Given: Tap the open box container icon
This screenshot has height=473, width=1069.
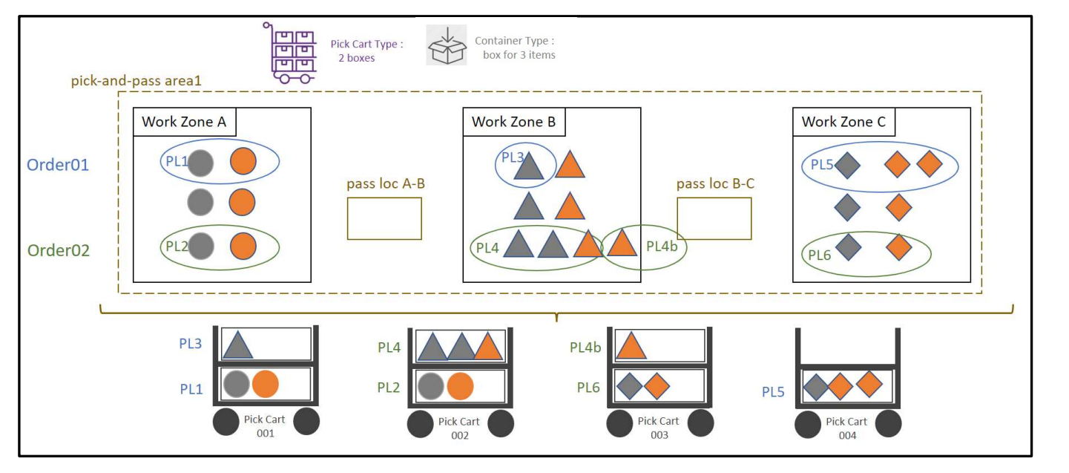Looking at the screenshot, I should pos(446,45).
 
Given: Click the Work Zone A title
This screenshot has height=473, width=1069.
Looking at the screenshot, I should pos(184,122).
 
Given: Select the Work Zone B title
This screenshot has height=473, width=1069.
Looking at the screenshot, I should pos(513,122).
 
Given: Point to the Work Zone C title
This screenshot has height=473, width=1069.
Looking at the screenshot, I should pos(843,122).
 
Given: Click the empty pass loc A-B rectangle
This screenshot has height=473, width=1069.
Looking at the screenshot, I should pos(384,218).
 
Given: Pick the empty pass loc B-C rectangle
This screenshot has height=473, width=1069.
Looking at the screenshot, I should pos(714,218).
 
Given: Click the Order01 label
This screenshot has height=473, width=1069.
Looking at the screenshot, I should pos(58,165).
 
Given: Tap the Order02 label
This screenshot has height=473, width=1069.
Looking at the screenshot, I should pos(58,250).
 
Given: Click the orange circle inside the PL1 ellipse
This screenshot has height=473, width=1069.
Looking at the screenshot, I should pos(243,161).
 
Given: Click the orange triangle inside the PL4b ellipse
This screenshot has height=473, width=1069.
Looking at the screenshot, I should pos(621,243).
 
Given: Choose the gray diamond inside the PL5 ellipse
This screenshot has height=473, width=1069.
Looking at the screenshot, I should pos(846,165).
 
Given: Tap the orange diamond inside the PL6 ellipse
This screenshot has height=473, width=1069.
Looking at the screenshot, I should pos(898,247).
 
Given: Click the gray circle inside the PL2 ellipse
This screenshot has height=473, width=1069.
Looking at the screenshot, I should pos(200,247).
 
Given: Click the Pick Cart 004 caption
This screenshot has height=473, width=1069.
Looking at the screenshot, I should pos(846,428).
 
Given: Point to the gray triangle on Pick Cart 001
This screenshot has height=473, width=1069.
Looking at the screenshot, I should pos(237,346).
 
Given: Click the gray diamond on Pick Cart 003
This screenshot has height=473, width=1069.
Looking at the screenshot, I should pos(629,385).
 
